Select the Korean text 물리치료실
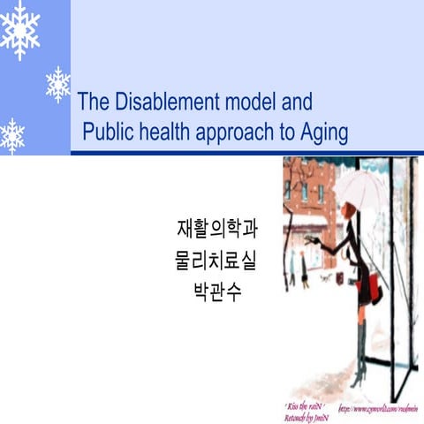[x=217, y=261]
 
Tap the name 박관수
[x=217, y=291]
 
